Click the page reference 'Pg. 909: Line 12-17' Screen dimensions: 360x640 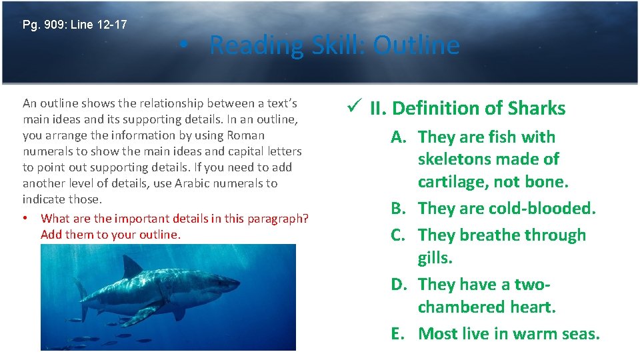tap(75, 25)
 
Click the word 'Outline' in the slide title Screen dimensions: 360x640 tap(416, 45)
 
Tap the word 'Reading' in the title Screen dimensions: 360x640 tap(251, 45)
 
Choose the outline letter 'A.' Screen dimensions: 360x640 tap(399, 137)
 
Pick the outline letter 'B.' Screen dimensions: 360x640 tap(399, 209)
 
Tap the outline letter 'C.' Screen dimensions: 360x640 tap(399, 235)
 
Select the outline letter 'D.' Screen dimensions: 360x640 tap(399, 285)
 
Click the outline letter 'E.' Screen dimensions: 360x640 tap(399, 334)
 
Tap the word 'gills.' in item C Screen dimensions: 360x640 tap(435, 258)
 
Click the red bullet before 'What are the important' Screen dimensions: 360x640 tap(25, 219)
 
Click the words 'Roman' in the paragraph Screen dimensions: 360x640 tap(247, 135)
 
